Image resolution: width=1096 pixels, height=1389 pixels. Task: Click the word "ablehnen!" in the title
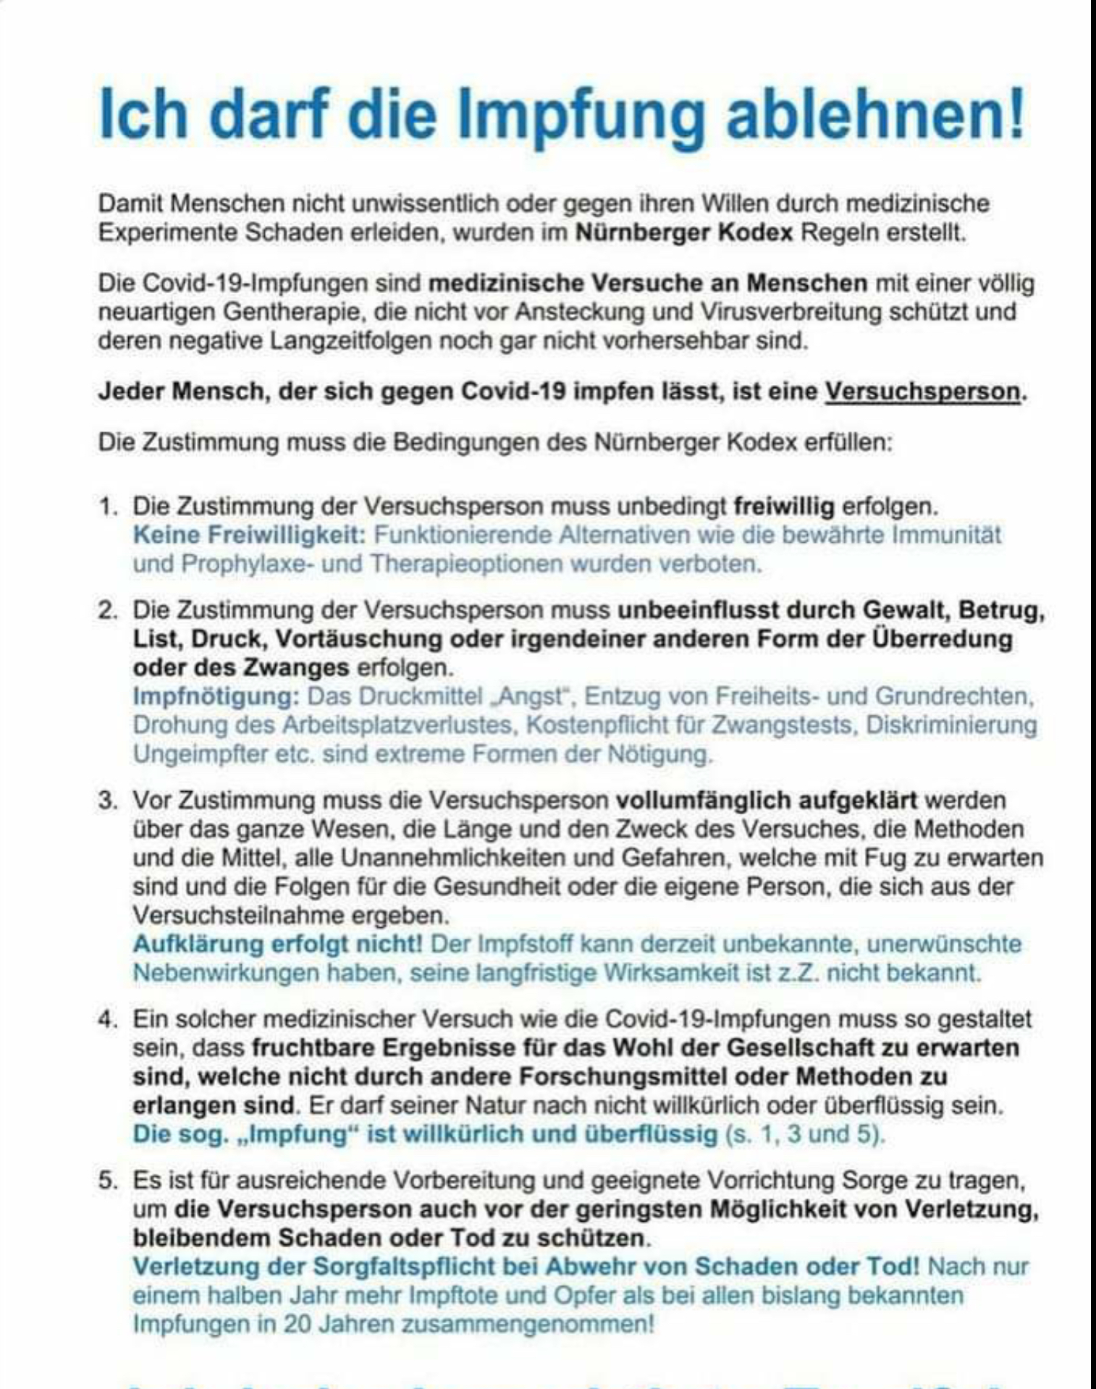click(876, 114)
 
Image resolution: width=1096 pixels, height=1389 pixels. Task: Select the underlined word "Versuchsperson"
click(922, 392)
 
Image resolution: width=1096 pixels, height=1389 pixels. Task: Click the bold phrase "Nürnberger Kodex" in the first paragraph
click(684, 233)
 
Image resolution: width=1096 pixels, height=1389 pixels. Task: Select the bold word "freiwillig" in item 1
click(784, 506)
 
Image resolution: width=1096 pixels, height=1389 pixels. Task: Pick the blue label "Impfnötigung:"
click(216, 696)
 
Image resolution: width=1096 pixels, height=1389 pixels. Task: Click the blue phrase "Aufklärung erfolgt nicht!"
click(277, 944)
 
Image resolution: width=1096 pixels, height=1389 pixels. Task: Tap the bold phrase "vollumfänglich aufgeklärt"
click(767, 800)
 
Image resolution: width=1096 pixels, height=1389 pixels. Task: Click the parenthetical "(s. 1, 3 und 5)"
click(805, 1134)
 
